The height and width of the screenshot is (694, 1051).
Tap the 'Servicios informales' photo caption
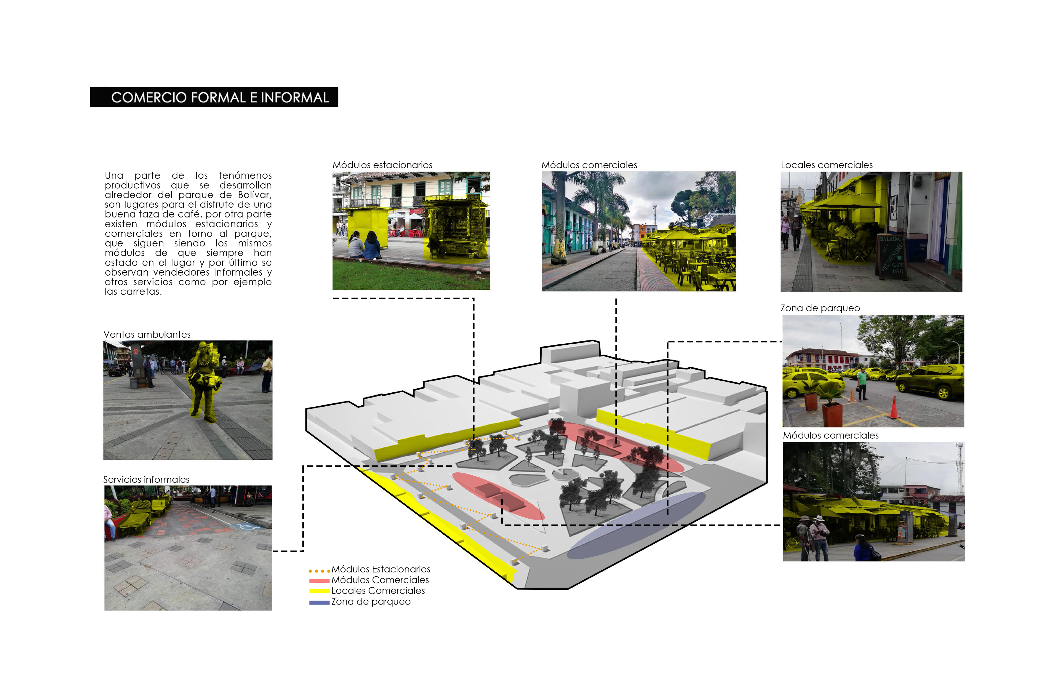146,479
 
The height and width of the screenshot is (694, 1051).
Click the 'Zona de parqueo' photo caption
820,308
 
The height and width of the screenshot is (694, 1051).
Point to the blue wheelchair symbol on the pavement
246,527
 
